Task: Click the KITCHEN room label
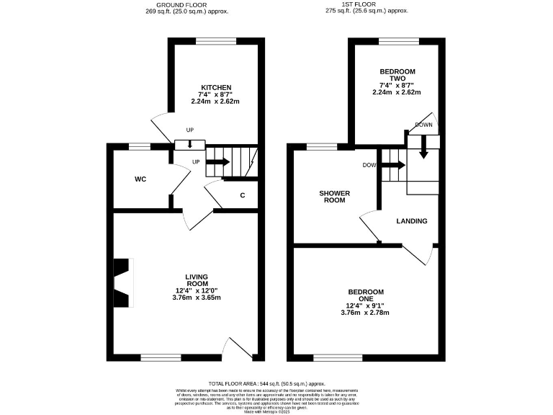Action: (215, 88)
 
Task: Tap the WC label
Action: (140, 179)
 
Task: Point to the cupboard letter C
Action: (243, 195)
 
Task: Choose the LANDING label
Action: (411, 221)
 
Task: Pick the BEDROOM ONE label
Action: (366, 296)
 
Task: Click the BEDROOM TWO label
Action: (395, 76)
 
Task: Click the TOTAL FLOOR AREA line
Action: (267, 384)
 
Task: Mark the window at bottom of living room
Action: (161, 357)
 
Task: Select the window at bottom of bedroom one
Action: (338, 357)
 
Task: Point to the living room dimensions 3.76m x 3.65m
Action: (197, 297)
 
